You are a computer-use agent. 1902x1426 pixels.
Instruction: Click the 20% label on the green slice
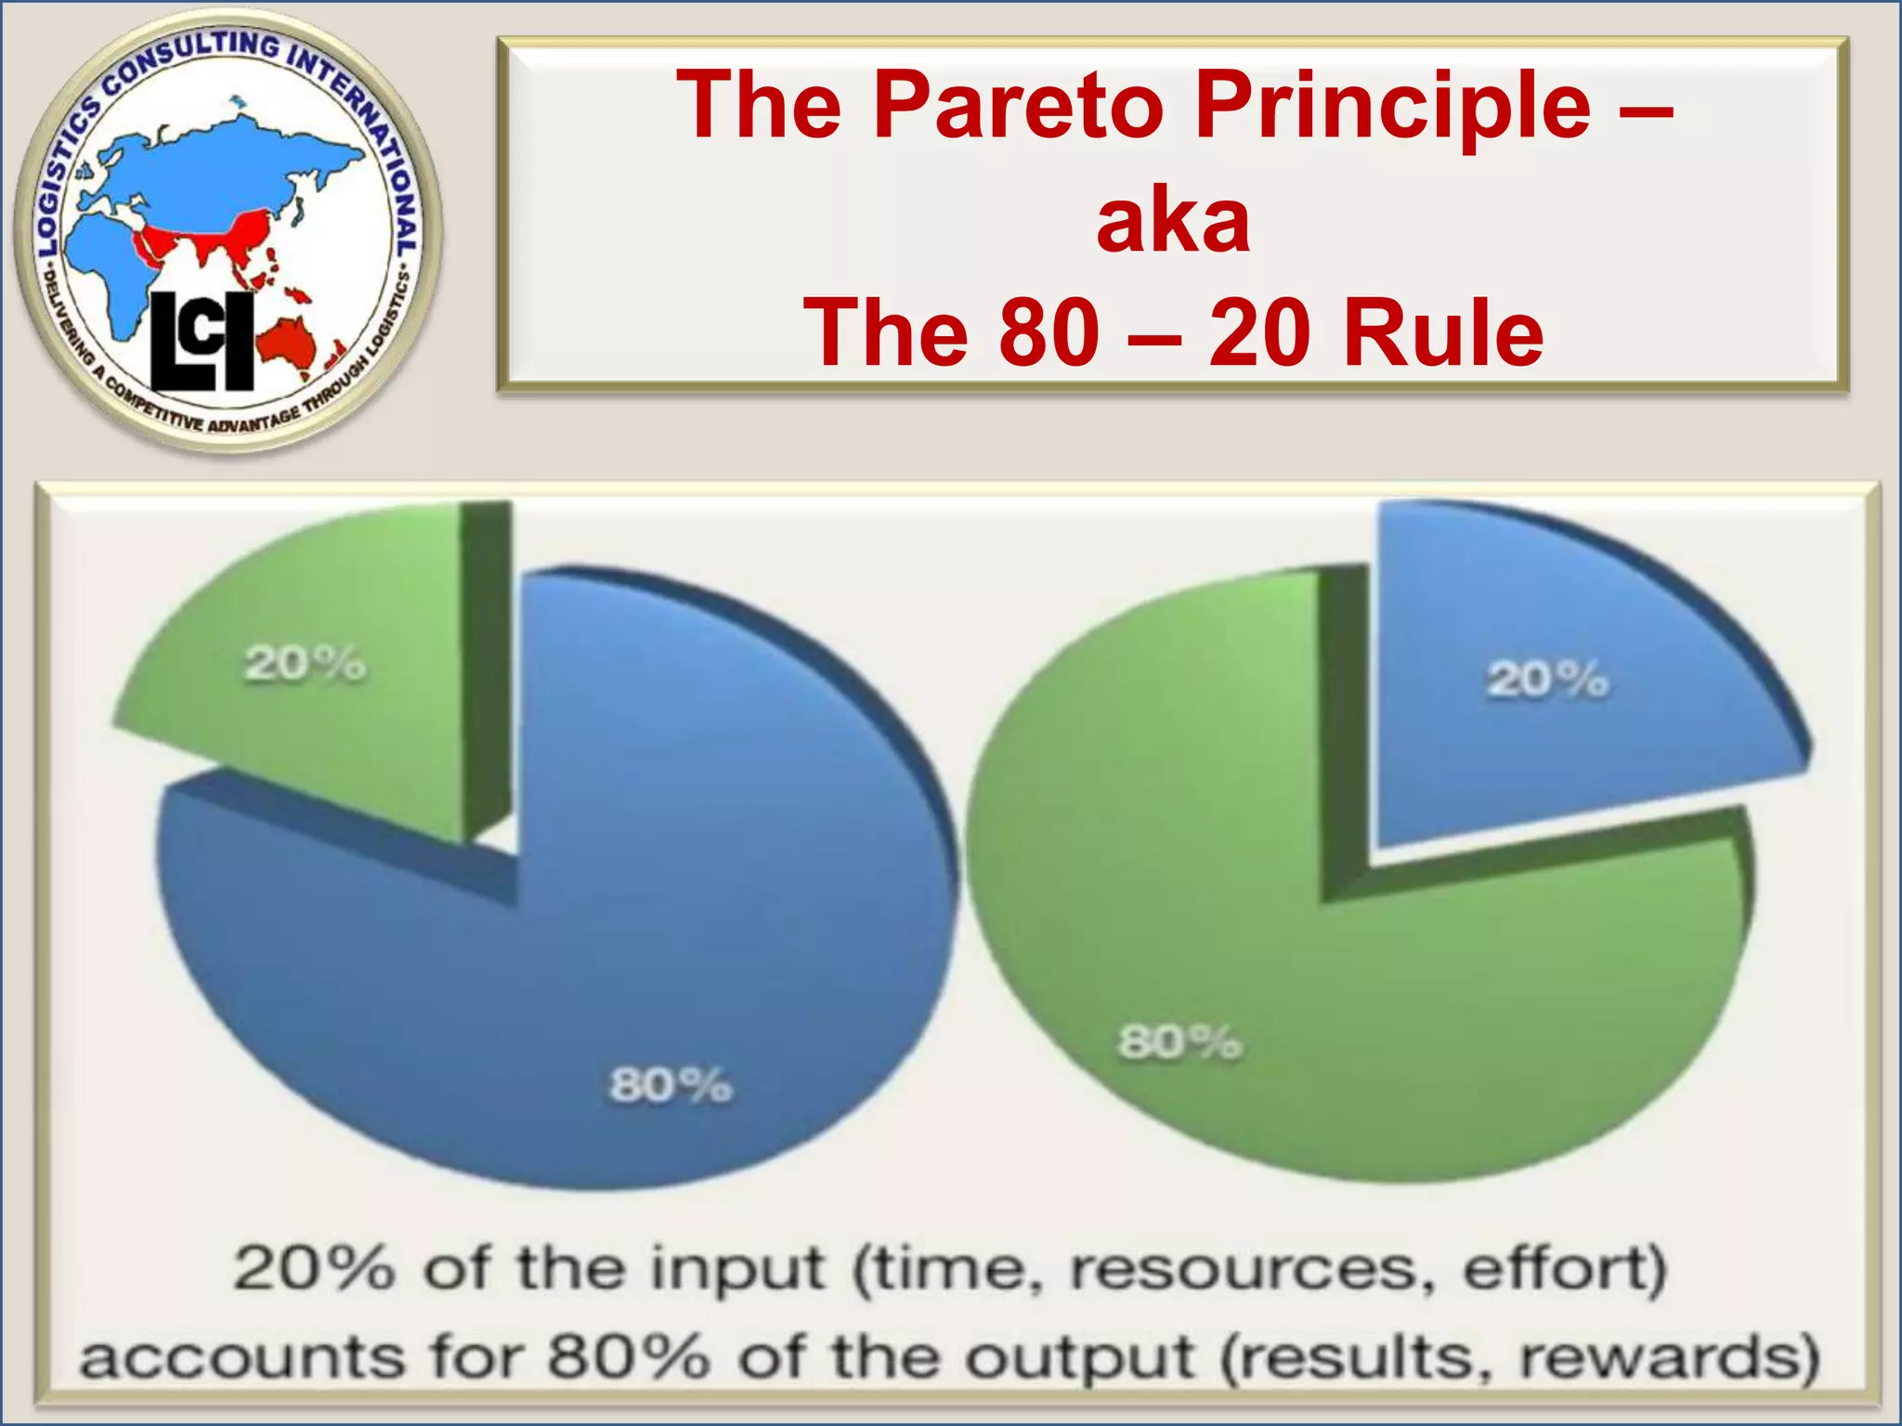tap(306, 665)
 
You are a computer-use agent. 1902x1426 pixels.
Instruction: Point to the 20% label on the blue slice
tap(1547, 680)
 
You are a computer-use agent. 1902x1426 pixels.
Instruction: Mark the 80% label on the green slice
tap(1179, 1043)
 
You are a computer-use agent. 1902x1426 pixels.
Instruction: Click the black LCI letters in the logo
tap(202, 341)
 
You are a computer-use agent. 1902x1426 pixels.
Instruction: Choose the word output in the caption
tap(1077, 1357)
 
